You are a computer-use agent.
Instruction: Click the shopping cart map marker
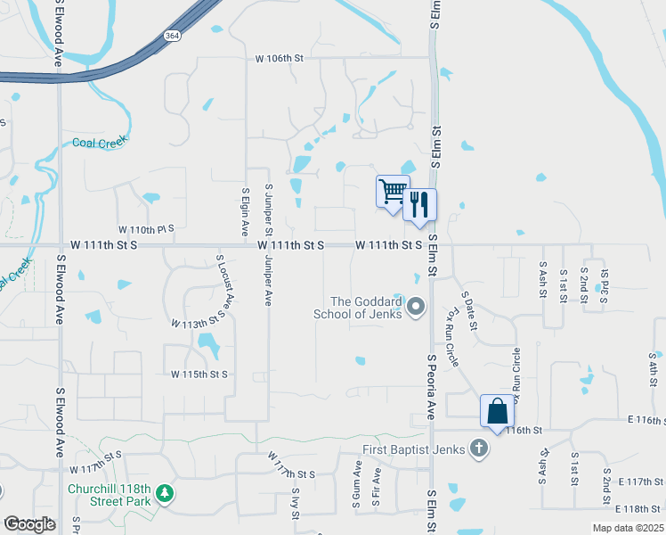(393, 191)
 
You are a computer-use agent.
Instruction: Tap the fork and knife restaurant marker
(419, 204)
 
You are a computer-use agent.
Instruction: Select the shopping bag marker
(497, 411)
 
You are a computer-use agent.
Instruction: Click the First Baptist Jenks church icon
(479, 449)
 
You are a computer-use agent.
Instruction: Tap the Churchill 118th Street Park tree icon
(164, 492)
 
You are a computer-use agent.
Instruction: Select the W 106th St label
(280, 59)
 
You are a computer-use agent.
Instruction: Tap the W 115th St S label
(199, 374)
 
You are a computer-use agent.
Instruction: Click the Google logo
(29, 524)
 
